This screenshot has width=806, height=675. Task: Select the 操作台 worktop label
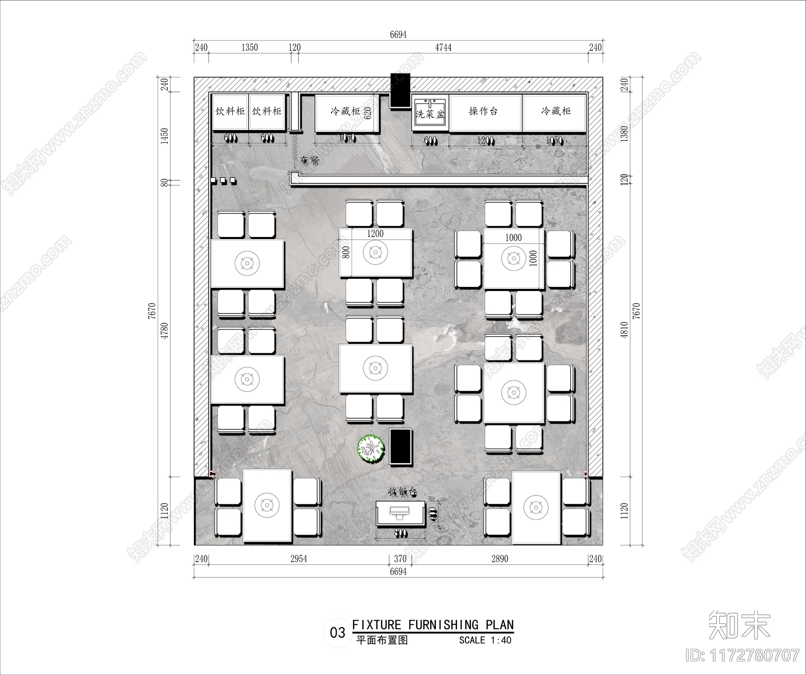tap(483, 111)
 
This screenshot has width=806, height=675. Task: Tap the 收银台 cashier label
tap(401, 492)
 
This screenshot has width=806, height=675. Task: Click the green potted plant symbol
tap(371, 448)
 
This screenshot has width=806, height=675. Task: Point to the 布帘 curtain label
tap(309, 161)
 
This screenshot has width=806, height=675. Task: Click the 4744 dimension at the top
tap(443, 47)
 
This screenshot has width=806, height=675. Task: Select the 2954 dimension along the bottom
tap(298, 559)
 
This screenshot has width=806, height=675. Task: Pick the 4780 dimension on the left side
tap(165, 330)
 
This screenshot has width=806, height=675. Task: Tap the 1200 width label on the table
tap(375, 234)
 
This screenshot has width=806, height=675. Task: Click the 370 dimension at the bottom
tap(400, 559)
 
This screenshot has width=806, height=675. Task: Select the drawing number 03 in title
tap(337, 633)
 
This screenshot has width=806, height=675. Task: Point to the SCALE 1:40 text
tap(485, 640)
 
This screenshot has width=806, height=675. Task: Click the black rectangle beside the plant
tap(401, 446)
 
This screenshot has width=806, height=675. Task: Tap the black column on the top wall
tap(400, 90)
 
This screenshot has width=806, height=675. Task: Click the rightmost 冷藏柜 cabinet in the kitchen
tap(555, 112)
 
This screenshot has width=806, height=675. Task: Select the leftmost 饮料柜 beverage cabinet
tap(230, 112)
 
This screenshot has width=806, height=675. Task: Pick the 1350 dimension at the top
tap(249, 47)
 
